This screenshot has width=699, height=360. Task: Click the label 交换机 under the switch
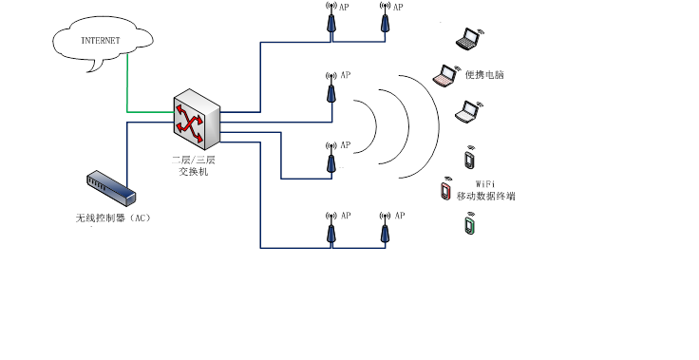pos(194,172)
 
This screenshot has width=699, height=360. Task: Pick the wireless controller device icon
pos(110,188)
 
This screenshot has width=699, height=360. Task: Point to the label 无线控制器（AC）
pos(113,218)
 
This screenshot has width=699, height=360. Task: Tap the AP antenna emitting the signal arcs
pos(331,89)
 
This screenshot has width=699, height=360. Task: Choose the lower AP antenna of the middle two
pos(331,160)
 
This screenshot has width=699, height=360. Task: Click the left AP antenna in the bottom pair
pos(331,229)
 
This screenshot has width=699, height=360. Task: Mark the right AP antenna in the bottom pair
pos(385,229)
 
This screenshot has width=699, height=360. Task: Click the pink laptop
pos(444,76)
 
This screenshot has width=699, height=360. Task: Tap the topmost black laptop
pos(468,39)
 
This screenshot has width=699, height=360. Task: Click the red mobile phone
pos(445,191)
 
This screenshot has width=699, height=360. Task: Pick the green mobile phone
pos(469,226)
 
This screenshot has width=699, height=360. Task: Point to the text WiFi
pos(484,182)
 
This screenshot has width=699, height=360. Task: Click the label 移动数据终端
pos(485,197)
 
